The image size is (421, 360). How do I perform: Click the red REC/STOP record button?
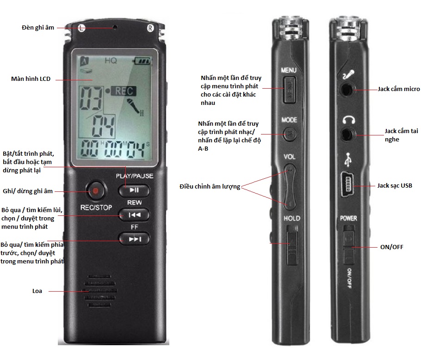95,191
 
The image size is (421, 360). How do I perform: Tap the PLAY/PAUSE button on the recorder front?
134,190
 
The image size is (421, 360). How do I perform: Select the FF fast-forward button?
134,239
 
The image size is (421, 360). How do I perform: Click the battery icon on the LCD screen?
142,61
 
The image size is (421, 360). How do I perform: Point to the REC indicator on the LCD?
124,91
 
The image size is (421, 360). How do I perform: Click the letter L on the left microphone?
81,28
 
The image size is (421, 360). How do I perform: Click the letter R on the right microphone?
150,28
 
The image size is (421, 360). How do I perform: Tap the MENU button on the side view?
290,89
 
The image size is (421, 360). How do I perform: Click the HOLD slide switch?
292,245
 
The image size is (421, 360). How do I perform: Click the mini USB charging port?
347,184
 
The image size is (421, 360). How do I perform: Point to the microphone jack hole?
347,90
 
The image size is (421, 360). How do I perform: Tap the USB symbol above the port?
348,159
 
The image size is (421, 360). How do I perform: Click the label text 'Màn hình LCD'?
31,79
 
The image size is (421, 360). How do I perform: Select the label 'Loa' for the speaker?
37,291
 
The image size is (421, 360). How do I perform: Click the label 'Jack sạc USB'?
395,186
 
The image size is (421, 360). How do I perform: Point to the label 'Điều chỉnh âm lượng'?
210,187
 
